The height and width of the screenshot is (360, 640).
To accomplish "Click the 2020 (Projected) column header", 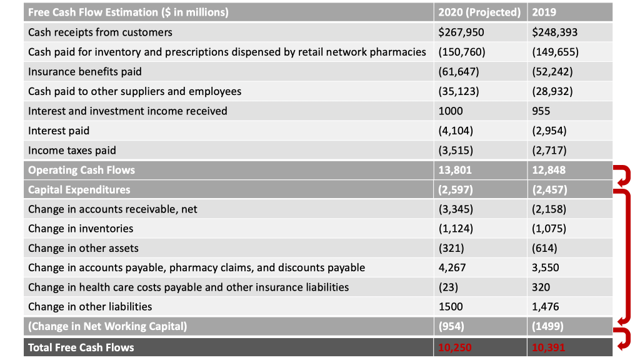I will coord(479,12).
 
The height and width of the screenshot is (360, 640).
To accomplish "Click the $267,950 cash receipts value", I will coord(461,32).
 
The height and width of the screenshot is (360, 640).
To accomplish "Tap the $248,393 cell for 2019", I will coord(554,32).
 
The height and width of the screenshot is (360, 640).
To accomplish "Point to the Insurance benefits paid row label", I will coord(85,71).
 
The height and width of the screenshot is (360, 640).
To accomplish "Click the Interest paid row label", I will coord(59,131).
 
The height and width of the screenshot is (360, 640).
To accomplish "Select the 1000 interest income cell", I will coord(451,111).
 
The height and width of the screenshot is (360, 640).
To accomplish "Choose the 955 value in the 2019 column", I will coord(541,111).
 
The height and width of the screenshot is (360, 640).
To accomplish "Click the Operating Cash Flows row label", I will coord(81,170).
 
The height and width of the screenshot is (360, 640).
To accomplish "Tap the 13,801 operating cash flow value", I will coord(455,170).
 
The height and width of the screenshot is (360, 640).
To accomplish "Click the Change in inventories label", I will coord(81,228).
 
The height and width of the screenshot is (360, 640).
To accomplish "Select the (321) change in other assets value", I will coord(451,248).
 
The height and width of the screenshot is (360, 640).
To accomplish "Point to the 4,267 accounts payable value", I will coord(452,267).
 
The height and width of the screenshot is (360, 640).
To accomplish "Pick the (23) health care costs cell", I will coord(448,287).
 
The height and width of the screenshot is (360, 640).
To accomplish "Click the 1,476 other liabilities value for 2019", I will coord(545,306).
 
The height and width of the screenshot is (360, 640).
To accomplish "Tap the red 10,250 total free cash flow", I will coord(455,347).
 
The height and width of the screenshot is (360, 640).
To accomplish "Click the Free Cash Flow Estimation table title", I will coord(128,12).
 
